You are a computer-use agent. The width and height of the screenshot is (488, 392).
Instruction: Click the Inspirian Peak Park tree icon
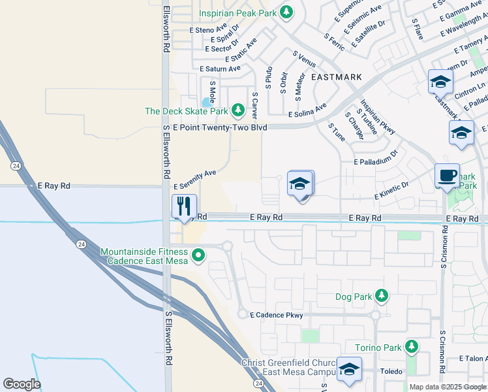tap(286, 12)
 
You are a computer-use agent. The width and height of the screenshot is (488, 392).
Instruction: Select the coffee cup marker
tap(447, 175)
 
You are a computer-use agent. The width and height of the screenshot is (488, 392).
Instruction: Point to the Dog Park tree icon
tap(382, 297)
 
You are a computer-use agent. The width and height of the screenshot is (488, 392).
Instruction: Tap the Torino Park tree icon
tap(411, 347)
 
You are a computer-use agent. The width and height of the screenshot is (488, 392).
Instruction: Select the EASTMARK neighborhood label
tap(337, 77)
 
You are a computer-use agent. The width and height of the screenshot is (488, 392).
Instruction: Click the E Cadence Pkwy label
tap(277, 315)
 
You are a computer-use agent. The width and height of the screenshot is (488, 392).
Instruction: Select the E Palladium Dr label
tap(376, 159)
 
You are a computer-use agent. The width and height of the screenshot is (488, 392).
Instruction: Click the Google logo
tap(22, 384)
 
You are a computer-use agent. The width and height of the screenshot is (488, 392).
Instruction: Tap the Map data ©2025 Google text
tap(448, 387)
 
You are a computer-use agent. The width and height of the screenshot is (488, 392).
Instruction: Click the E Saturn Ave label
tap(220, 69)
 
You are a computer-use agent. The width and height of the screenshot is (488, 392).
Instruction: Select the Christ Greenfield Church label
tap(288, 363)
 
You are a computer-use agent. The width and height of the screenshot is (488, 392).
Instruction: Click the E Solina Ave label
tap(308, 110)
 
